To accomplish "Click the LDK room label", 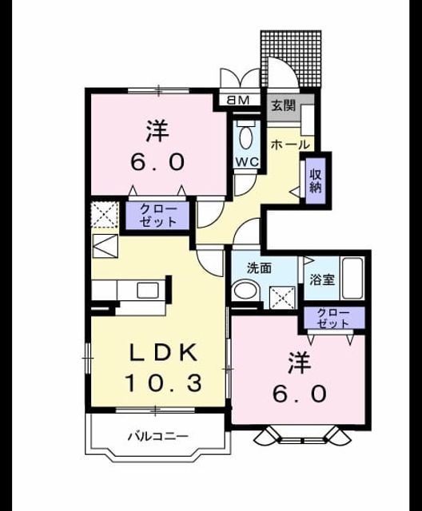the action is (x=163, y=353).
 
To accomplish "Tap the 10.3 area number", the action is (x=163, y=382).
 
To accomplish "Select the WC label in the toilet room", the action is (x=247, y=161).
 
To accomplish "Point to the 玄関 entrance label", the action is (x=284, y=105).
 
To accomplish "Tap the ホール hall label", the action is (x=290, y=145).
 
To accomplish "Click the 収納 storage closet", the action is (x=316, y=180).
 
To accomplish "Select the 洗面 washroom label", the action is (x=259, y=268).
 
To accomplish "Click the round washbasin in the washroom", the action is (x=245, y=291).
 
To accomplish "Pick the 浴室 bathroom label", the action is (x=322, y=279).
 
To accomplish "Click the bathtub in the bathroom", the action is (x=352, y=279).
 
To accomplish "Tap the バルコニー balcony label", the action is (x=157, y=436).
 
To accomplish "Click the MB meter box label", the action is (x=237, y=100).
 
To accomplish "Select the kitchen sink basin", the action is (x=148, y=290).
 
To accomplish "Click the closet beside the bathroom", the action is (x=333, y=318).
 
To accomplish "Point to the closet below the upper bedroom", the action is (x=157, y=216).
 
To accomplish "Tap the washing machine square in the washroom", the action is (x=283, y=297).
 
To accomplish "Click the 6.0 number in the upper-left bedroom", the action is (x=157, y=161).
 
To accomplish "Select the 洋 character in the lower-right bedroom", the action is (x=300, y=362).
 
